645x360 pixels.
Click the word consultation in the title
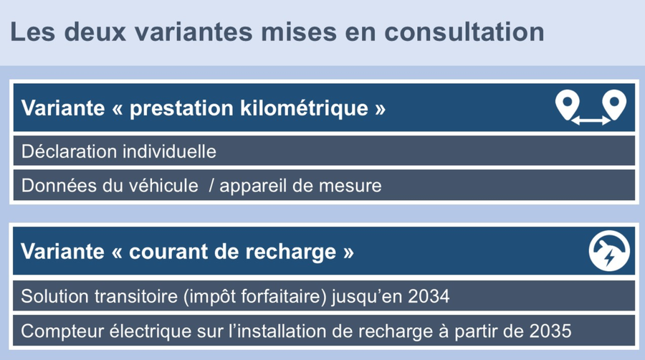(464, 32)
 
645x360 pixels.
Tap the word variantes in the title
(193, 32)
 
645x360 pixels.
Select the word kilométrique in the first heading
(304, 108)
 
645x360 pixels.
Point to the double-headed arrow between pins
(591, 120)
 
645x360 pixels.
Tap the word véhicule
(163, 186)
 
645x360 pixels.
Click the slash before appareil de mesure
(211, 186)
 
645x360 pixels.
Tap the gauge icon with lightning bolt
(609, 250)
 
